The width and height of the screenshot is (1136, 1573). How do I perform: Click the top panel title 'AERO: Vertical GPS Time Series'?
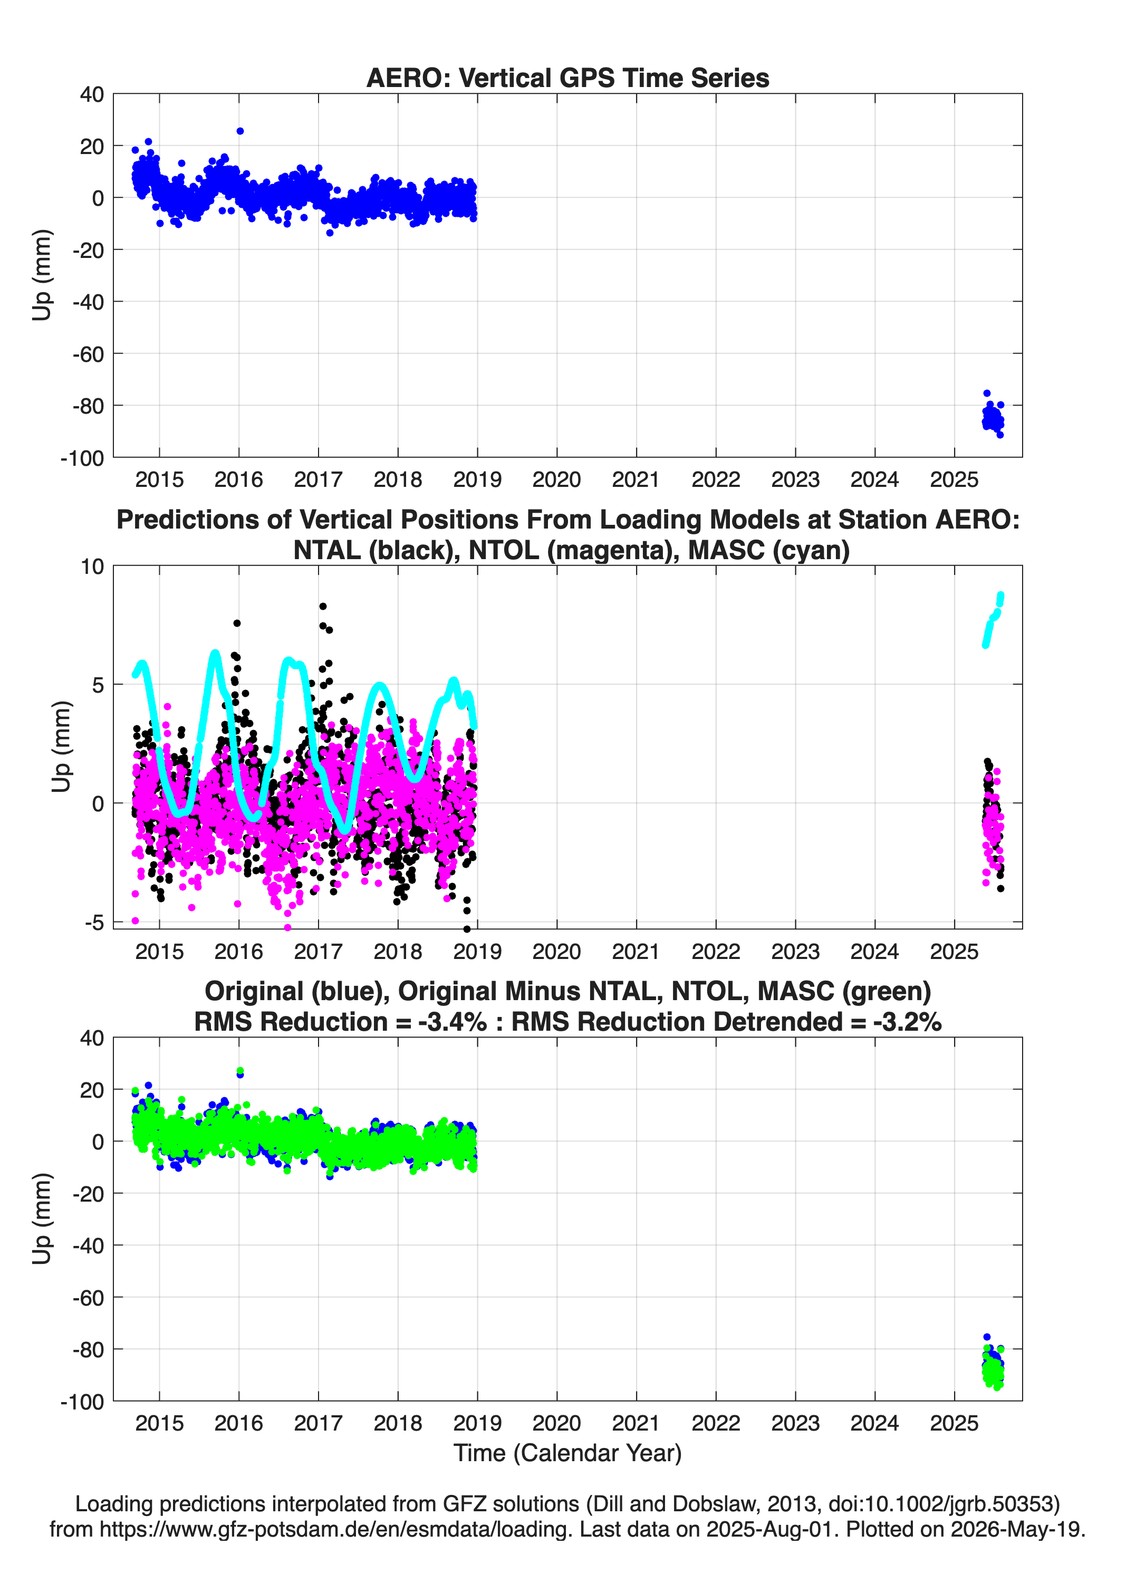(x=567, y=78)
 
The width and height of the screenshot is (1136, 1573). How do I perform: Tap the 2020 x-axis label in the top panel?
(x=556, y=479)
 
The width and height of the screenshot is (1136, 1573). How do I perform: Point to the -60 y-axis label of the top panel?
(x=88, y=354)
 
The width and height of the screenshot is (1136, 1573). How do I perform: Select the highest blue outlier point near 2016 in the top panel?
(x=240, y=131)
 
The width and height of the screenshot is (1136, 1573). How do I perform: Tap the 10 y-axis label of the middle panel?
(x=92, y=567)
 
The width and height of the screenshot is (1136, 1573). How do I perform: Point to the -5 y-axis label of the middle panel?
(x=94, y=923)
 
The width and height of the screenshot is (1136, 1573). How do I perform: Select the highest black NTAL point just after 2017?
(x=322, y=606)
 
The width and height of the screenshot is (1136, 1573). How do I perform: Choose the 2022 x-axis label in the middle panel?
(x=716, y=952)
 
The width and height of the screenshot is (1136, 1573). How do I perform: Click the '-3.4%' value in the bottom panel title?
(x=452, y=1022)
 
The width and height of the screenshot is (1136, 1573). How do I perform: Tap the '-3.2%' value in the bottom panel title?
(x=907, y=1022)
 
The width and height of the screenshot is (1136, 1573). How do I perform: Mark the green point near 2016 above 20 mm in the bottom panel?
(x=240, y=1071)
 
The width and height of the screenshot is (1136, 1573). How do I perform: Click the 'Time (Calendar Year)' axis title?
(x=567, y=1453)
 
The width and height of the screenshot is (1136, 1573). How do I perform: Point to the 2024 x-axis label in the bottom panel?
(x=874, y=1423)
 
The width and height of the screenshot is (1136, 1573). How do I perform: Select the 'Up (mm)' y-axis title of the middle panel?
(x=61, y=746)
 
